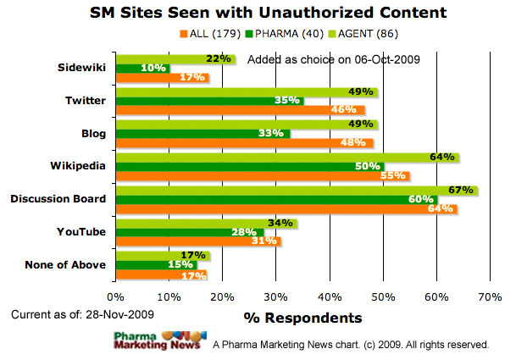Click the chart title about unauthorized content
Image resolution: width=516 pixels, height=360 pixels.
point(258,14)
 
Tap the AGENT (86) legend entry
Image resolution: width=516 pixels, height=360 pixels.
point(347,34)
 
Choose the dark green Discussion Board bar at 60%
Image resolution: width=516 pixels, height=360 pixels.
point(275,199)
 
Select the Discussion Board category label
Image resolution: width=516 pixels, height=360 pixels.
point(58,199)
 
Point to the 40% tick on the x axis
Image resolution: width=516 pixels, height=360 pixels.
point(330,297)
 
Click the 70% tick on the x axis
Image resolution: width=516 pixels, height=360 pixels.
point(490,297)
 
